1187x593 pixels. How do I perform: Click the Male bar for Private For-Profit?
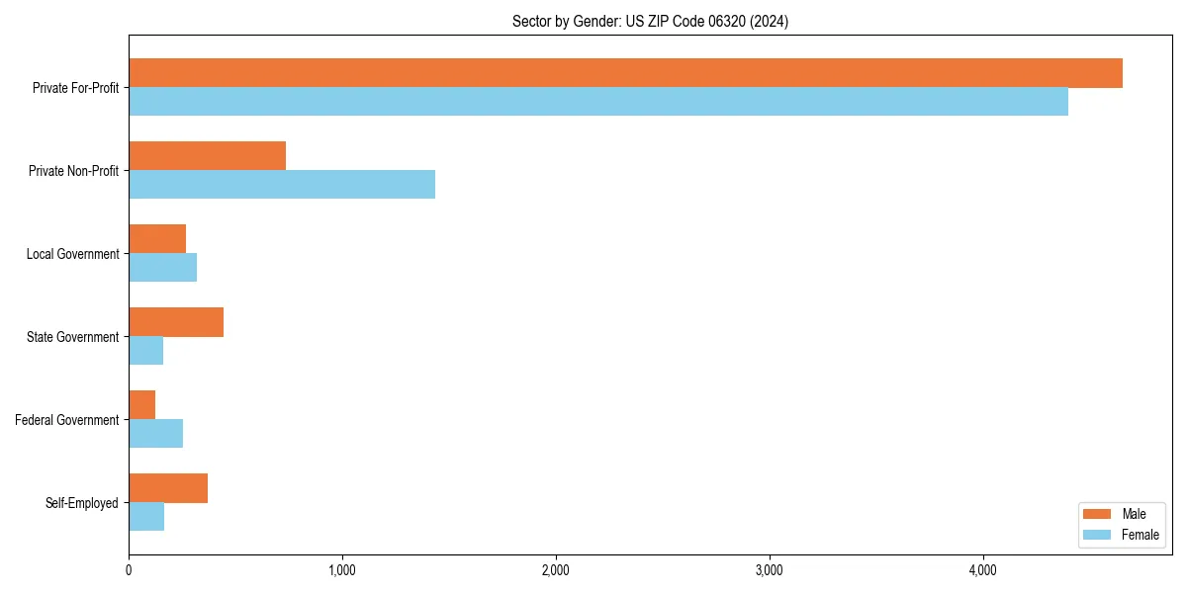[625, 73]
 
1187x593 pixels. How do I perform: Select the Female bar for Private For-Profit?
[598, 102]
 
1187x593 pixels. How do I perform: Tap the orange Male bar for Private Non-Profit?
[207, 156]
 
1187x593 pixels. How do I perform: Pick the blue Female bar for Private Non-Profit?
[282, 185]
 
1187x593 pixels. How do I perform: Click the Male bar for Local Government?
[157, 239]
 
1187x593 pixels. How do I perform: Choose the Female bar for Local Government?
[162, 268]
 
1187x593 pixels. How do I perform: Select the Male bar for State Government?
[176, 322]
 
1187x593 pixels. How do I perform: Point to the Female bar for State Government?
[145, 351]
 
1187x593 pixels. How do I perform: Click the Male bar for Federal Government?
[141, 405]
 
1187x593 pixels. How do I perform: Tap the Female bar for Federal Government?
[155, 434]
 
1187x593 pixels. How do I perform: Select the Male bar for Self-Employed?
[168, 488]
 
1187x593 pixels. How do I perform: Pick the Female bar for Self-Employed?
[146, 517]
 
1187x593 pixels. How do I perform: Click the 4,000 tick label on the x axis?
[982, 570]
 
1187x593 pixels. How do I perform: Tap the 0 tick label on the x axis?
[129, 570]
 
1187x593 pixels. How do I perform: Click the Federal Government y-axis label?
[67, 420]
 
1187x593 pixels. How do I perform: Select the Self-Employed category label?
[82, 503]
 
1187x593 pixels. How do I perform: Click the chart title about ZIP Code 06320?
[650, 21]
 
